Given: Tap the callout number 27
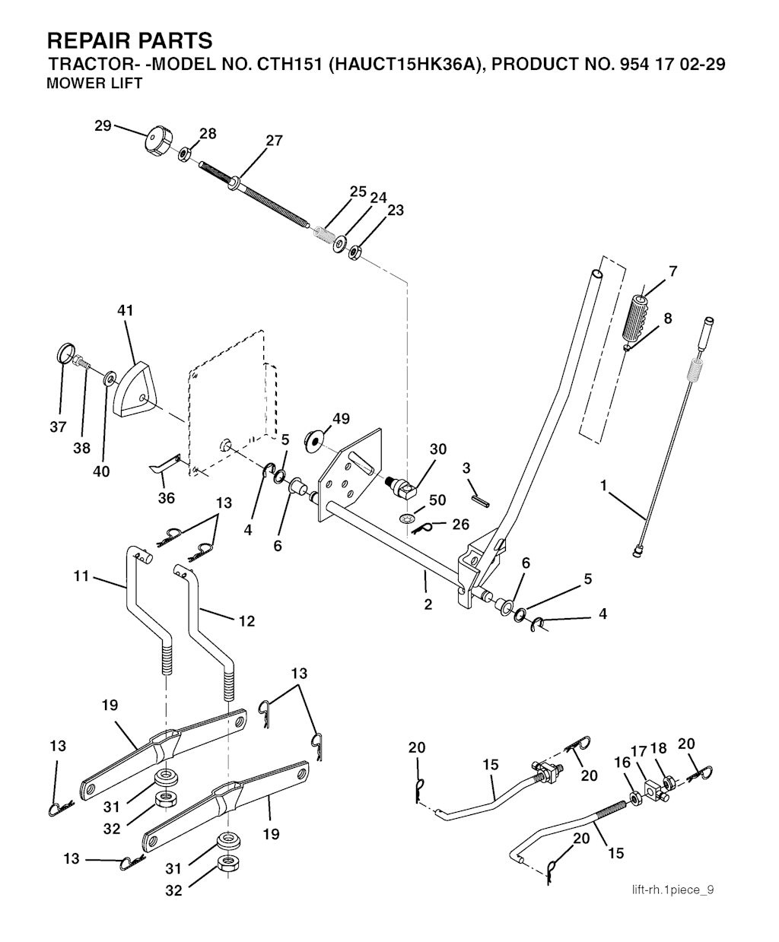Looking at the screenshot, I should click(x=274, y=141).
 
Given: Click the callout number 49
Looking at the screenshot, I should click(x=342, y=419).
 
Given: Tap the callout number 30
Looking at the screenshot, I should click(x=437, y=449).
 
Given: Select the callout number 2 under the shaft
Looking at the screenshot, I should click(x=428, y=604).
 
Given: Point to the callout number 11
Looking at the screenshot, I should click(x=81, y=577).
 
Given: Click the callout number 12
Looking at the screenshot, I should click(x=246, y=621).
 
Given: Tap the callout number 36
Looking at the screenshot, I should click(x=166, y=498).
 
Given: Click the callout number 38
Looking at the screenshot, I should click(x=81, y=449).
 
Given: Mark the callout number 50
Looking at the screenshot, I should click(x=437, y=500).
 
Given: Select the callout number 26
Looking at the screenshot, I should click(x=461, y=525).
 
